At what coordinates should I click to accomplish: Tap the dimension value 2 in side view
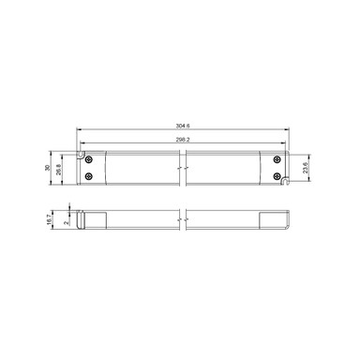(64, 222)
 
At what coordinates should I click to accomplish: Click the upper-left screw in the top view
(88, 158)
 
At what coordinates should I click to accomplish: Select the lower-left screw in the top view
(88, 175)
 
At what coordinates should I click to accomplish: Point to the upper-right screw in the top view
(277, 158)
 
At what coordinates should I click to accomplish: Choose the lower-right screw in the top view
(277, 175)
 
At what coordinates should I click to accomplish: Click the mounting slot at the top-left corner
(82, 150)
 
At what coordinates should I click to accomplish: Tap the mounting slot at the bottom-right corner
(285, 183)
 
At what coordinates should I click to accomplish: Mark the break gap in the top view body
(186, 167)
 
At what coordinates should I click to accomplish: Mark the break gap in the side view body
(186, 217)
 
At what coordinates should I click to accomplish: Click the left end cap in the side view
(82, 217)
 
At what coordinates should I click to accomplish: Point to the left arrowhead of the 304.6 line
(78, 127)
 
